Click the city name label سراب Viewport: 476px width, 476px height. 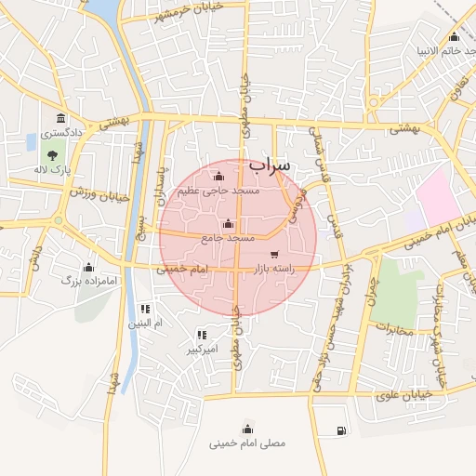pos(270,165)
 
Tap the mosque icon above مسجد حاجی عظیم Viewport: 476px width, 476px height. pos(219,176)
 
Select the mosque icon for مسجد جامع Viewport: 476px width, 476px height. pos(229,223)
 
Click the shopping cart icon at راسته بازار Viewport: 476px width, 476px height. pos(273,254)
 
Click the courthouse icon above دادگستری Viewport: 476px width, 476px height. pos(61,118)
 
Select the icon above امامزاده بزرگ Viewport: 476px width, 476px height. pos(88,267)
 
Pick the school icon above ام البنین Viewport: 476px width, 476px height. pos(144,309)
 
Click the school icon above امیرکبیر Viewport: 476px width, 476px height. pos(201,335)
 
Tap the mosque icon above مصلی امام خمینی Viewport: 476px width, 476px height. pos(247,429)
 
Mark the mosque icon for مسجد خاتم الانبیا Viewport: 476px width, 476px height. pos(454,36)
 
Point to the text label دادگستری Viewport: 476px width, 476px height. pos(62,134)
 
